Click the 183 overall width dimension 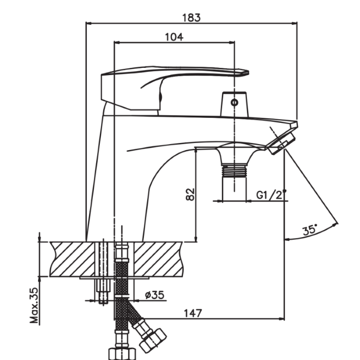tap(191, 18)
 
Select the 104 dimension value tap(174, 37)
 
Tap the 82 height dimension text tap(190, 194)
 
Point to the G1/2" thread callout tap(272, 195)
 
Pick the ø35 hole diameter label tap(155, 295)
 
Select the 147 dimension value tap(193, 313)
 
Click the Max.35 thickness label tap(34, 305)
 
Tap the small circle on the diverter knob tap(234, 102)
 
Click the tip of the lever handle tap(248, 73)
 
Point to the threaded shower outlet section tap(235, 171)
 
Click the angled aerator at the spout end tap(282, 143)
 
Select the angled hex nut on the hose tap(153, 340)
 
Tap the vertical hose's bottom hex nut tap(122, 354)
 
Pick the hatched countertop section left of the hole tap(73, 259)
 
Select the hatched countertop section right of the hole tap(158, 259)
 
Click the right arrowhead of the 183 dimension tap(294, 23)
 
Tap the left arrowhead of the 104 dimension tap(117, 42)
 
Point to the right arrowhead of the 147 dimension tap(281, 319)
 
